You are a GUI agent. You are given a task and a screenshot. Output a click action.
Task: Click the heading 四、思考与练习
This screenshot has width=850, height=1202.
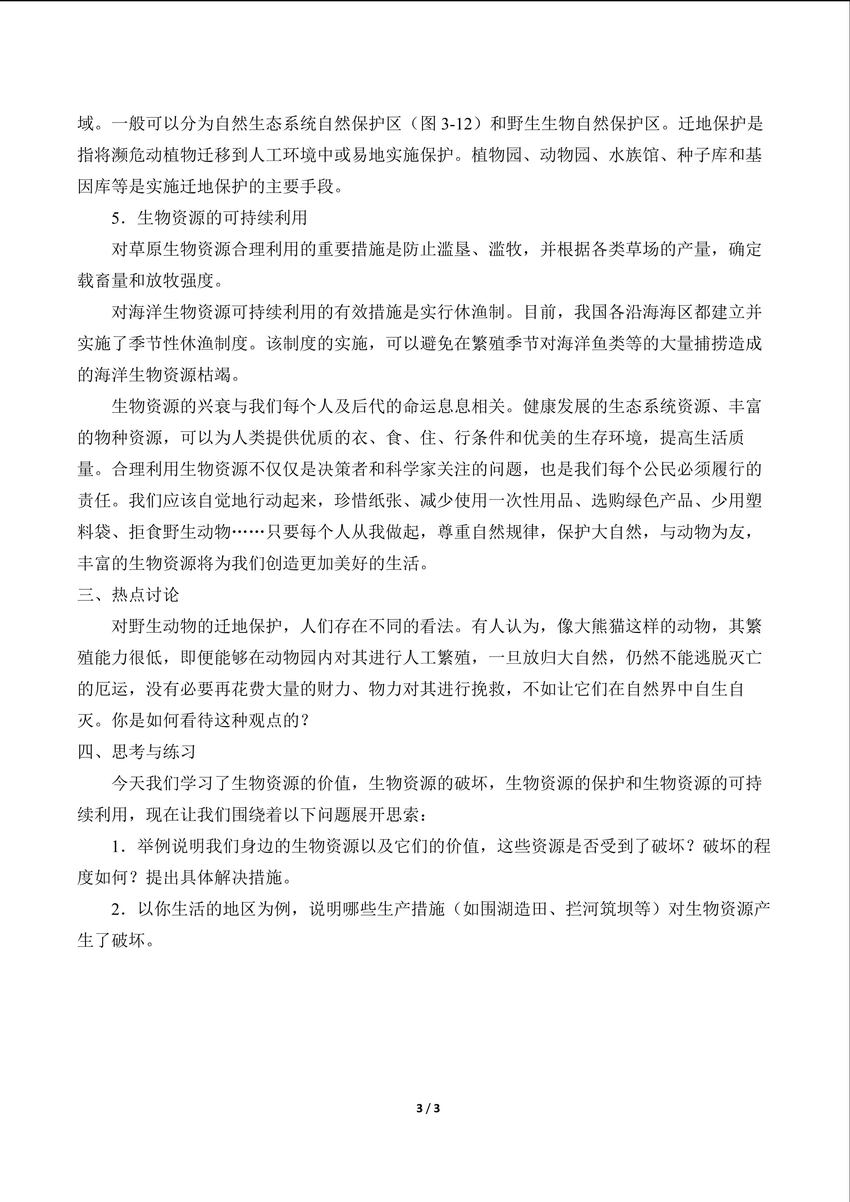click(137, 752)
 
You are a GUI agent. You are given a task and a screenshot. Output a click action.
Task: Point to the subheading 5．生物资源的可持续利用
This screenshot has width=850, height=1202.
click(209, 218)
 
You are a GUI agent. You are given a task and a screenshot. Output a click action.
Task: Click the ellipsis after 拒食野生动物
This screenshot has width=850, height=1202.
click(248, 532)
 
